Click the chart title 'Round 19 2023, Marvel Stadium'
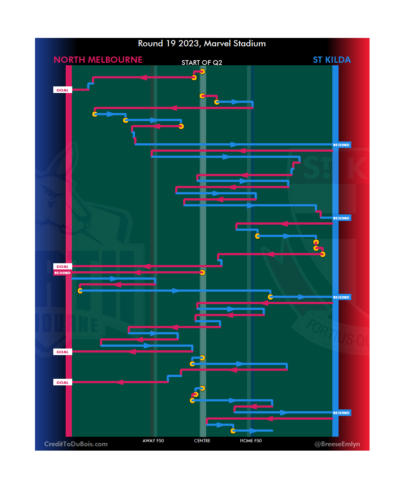pyautogui.click(x=202, y=43)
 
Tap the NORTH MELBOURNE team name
pyautogui.click(x=98, y=60)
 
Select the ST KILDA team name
pyautogui.click(x=332, y=60)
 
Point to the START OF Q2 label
pyautogui.click(x=202, y=63)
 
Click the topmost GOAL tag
pyautogui.click(x=62, y=90)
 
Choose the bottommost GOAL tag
pyautogui.click(x=62, y=382)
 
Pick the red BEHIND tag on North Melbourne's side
pyautogui.click(x=62, y=273)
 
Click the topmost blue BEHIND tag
pyautogui.click(x=341, y=145)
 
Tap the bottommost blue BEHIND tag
pyautogui.click(x=341, y=413)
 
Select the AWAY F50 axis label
pyautogui.click(x=153, y=441)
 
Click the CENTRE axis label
pyautogui.click(x=202, y=441)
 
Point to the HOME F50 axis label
pyautogui.click(x=251, y=441)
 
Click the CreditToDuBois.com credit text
pyautogui.click(x=76, y=444)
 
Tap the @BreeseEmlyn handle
pyautogui.click(x=337, y=444)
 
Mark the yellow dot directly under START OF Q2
pyautogui.click(x=202, y=71)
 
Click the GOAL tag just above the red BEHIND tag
pyautogui.click(x=62, y=267)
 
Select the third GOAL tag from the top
pyautogui.click(x=62, y=352)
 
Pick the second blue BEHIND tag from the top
pyautogui.click(x=341, y=218)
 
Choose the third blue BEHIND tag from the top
pyautogui.click(x=341, y=297)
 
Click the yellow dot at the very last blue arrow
pyautogui.click(x=233, y=431)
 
